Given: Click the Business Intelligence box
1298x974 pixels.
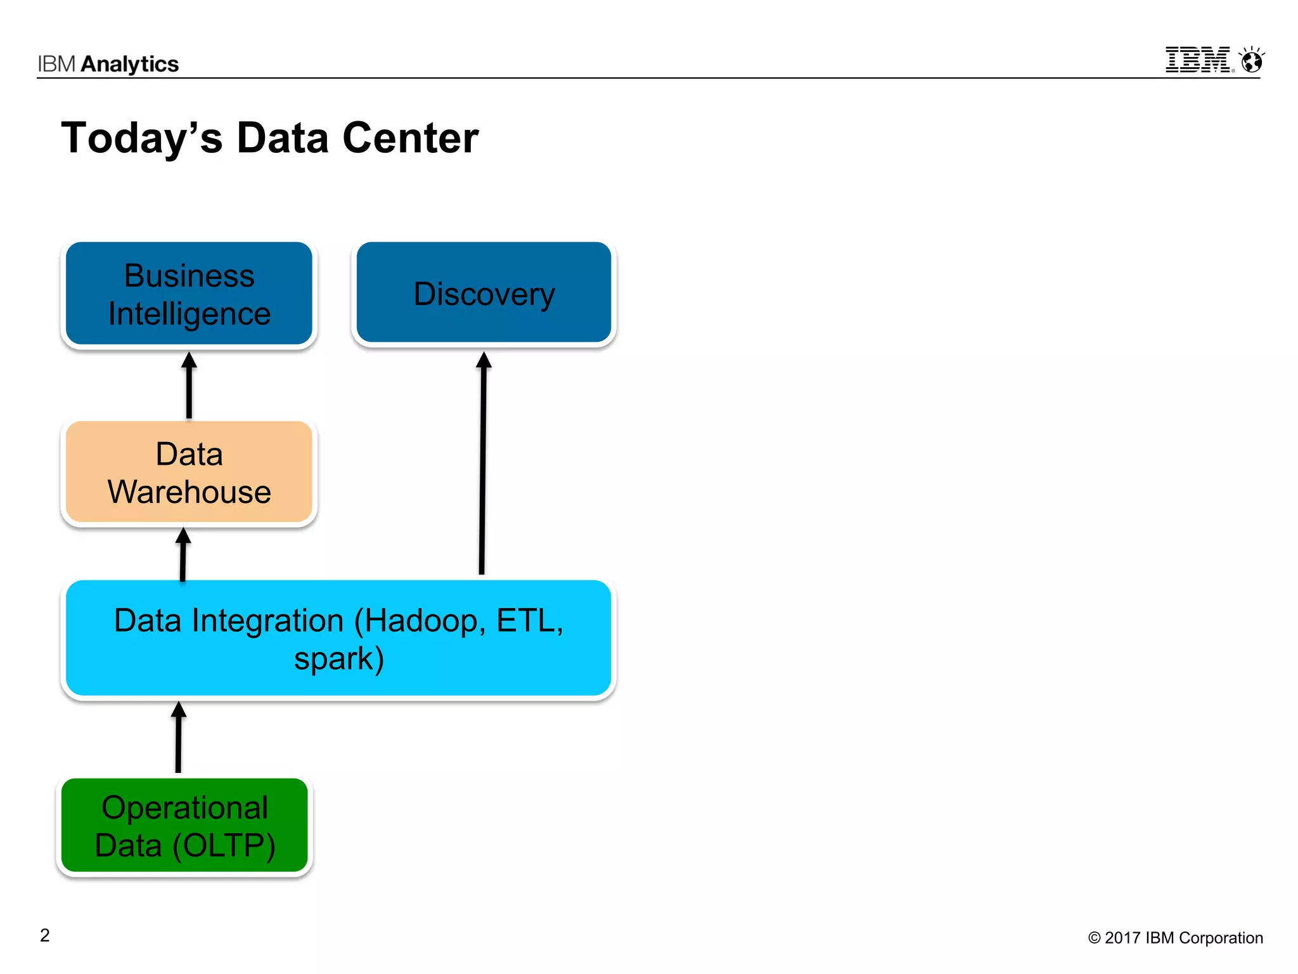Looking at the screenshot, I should [x=189, y=294].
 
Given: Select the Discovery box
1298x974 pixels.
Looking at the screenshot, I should [x=484, y=293].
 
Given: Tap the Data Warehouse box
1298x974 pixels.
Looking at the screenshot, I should [x=189, y=472].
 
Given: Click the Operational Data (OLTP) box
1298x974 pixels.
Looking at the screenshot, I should [x=184, y=826].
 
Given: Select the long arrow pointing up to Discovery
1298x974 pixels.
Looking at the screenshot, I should [x=483, y=463].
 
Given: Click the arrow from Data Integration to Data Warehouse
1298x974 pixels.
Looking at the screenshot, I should [x=183, y=555].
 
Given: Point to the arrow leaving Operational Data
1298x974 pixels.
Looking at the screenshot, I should [x=179, y=737].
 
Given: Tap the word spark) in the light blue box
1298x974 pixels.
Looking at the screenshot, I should [x=339, y=659].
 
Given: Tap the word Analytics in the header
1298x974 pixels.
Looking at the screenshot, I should [x=130, y=64].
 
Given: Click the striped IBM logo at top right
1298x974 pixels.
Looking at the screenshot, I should [x=1198, y=60].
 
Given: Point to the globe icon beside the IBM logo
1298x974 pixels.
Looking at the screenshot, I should [x=1252, y=61].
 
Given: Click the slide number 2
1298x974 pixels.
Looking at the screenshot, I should [x=45, y=935].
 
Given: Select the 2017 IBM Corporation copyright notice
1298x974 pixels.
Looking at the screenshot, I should [x=1176, y=938].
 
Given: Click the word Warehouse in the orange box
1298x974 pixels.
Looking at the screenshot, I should [x=189, y=492].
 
